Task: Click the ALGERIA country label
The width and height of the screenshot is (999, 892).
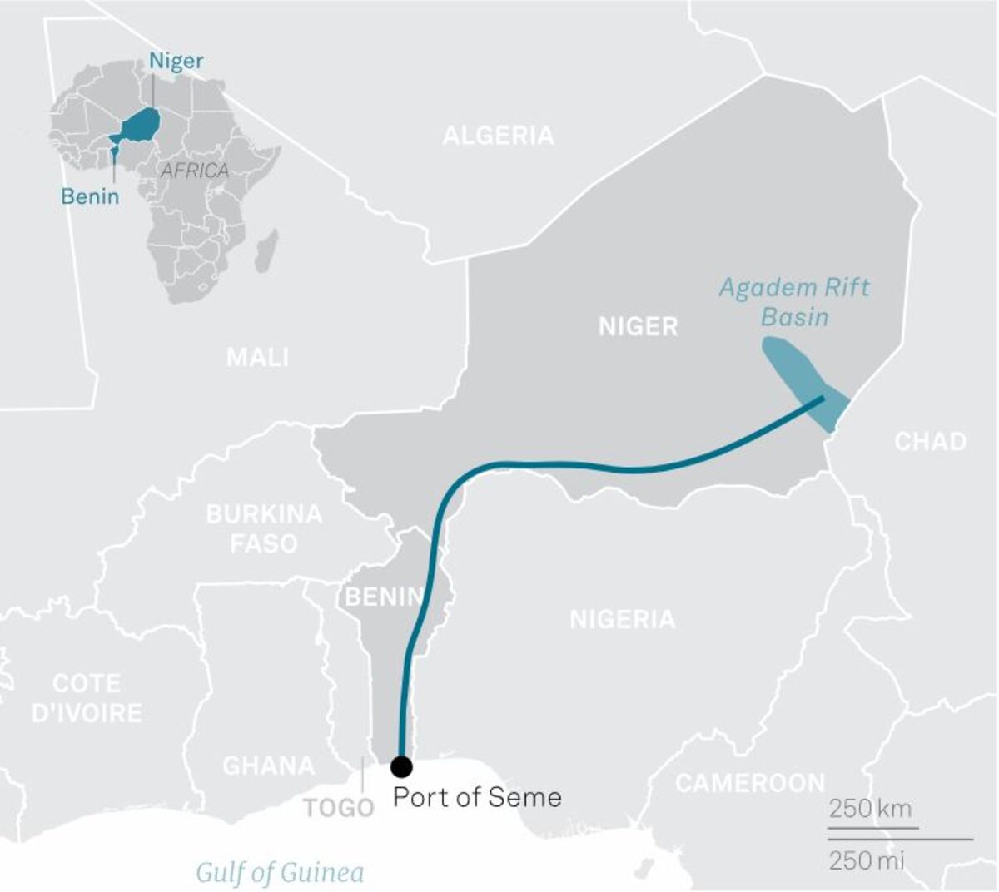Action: tap(498, 136)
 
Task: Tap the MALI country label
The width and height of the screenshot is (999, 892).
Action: tap(258, 358)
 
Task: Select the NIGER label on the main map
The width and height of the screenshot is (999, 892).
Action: tap(638, 326)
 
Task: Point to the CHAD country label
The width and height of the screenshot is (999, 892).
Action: tap(930, 441)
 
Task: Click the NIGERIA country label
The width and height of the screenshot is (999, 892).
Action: tap(622, 619)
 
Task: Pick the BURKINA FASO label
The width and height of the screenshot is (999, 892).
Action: tap(264, 528)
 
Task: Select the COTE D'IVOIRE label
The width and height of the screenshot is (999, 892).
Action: tap(87, 698)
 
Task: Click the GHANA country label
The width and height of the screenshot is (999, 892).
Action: tap(268, 766)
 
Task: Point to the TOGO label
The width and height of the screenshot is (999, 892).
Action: tap(338, 808)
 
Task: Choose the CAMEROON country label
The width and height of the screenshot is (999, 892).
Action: tap(749, 783)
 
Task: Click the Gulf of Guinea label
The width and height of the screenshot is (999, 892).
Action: tap(280, 872)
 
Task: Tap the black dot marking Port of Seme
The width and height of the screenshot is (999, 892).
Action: tap(401, 766)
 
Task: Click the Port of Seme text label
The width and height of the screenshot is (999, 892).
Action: tap(477, 797)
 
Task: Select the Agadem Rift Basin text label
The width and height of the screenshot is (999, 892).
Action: tap(793, 302)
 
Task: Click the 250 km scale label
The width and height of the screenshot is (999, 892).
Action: tap(870, 808)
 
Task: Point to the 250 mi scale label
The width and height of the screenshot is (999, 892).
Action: tap(866, 860)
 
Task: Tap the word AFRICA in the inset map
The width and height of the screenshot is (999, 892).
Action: tap(194, 171)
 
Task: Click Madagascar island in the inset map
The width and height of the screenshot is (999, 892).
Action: tap(266, 251)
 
